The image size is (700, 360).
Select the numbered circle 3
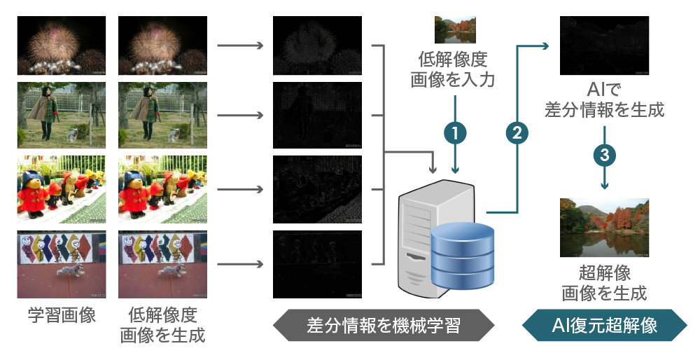pyautogui.click(x=604, y=155)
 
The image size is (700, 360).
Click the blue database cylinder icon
pyautogui.click(x=463, y=256)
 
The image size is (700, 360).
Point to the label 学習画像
pyautogui.click(x=62, y=315)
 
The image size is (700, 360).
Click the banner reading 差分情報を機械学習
pyautogui.click(x=383, y=325)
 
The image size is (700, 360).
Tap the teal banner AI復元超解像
pyautogui.click(x=604, y=325)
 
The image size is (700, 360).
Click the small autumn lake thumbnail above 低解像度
pyautogui.click(x=456, y=29)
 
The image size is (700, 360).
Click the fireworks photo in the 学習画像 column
pyautogui.click(x=62, y=46)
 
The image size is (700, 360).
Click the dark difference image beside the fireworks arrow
pyautogui.click(x=316, y=46)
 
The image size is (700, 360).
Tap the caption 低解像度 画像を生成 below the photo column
pyautogui.click(x=162, y=325)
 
